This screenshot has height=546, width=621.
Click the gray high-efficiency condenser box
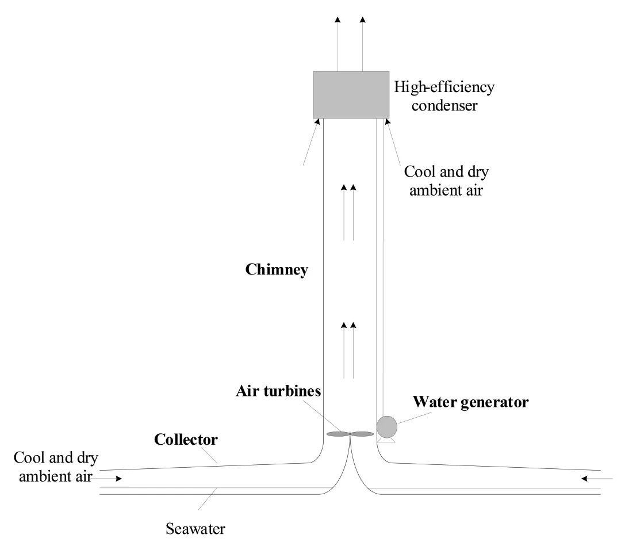coord(351,95)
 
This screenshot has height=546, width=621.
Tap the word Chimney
coord(277,269)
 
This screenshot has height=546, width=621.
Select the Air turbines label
coord(278,391)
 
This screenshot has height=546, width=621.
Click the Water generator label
coord(470,402)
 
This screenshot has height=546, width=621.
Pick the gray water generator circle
coord(387,426)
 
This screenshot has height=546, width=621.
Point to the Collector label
coord(186,440)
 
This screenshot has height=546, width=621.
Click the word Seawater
coord(195,528)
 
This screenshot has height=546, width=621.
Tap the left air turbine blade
coord(337,434)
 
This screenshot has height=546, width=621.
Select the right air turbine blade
coord(362,434)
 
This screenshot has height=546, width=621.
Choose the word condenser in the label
coord(443,106)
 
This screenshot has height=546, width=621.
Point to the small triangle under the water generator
coord(388,441)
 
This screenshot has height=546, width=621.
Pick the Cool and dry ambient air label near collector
coord(56,467)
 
